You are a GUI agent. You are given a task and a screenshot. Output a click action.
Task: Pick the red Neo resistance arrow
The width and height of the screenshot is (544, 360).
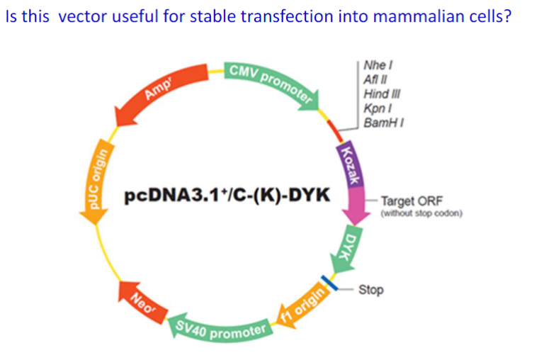click(139, 302)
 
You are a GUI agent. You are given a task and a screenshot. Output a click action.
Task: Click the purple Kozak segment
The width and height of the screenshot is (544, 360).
click(348, 164)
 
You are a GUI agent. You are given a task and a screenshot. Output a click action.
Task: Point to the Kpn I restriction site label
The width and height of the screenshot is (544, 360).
click(374, 108)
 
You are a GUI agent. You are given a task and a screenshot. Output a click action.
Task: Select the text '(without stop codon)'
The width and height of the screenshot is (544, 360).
click(421, 213)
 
